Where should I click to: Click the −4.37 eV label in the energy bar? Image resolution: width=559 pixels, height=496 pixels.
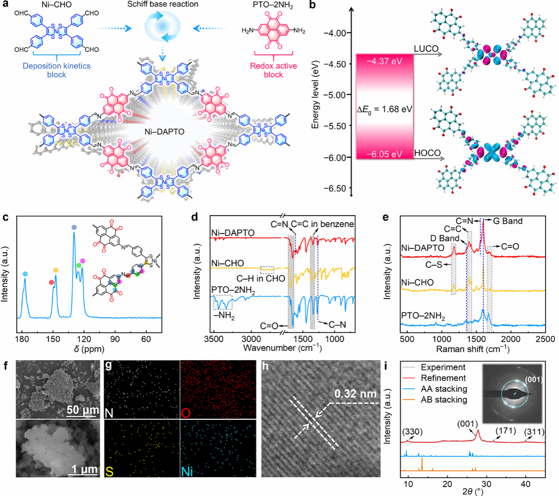click(384, 61)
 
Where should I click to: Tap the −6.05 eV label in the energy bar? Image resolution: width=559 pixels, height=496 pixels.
click(384, 154)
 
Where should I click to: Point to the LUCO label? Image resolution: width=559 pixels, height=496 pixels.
click(426, 49)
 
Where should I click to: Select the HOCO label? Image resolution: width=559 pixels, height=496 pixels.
click(427, 153)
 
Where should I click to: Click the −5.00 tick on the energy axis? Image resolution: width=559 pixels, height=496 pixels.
click(337, 95)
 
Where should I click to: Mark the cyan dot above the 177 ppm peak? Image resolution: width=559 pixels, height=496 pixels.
click(25, 274)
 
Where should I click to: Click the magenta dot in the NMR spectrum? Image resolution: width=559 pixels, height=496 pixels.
click(82, 261)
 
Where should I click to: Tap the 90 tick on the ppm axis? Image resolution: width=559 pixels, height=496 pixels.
click(115, 339)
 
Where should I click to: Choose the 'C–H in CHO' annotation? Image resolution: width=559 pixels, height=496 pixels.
click(261, 279)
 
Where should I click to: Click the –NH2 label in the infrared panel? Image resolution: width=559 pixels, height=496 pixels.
click(225, 316)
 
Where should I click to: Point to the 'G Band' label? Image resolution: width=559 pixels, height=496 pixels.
click(508, 221)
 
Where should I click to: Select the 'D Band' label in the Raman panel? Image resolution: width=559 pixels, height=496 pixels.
click(445, 238)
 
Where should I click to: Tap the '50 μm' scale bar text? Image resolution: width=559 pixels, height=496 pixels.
click(83, 410)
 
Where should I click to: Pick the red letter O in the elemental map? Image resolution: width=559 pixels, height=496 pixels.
click(186, 413)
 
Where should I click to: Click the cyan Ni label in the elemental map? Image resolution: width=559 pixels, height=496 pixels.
click(187, 471)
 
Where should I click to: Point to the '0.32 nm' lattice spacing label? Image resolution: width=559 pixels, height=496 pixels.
click(355, 394)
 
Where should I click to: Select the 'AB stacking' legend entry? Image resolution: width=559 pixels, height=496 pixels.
click(444, 400)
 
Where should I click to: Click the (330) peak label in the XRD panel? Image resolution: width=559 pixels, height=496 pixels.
click(412, 431)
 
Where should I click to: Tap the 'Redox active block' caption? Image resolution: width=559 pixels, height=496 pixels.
click(273, 70)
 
